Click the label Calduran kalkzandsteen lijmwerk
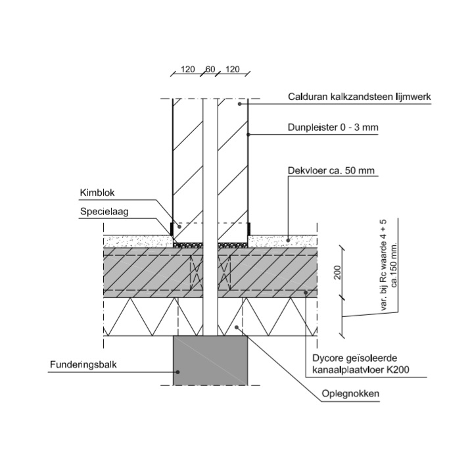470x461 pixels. [x=359, y=97]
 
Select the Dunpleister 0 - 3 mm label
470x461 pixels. [x=333, y=128]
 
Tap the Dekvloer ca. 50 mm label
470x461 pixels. [x=331, y=171]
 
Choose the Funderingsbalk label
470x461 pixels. [x=83, y=364]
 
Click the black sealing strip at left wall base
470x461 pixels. [x=172, y=230]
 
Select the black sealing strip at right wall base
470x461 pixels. [x=249, y=230]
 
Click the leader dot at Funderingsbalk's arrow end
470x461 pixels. [x=177, y=370]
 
